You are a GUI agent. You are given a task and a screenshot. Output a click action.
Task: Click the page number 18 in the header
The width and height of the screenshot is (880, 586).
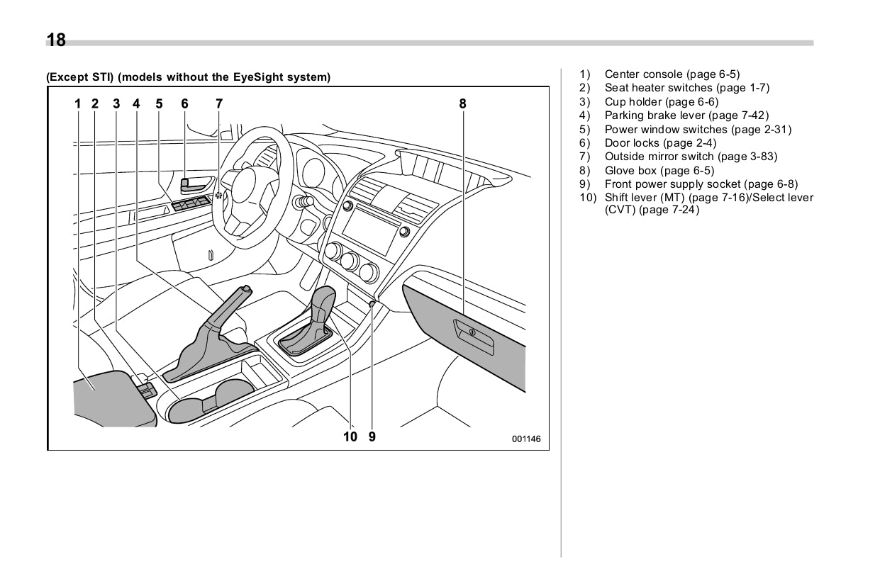coord(56,40)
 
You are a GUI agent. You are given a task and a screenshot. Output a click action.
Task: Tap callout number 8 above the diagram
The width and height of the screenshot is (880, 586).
coord(462,103)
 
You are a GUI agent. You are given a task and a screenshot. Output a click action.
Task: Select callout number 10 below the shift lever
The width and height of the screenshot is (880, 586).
coord(350,436)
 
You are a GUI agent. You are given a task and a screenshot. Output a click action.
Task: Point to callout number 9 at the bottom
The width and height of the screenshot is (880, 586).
coord(372,436)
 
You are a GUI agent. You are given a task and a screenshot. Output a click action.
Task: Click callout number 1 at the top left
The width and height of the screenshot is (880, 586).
coord(77,103)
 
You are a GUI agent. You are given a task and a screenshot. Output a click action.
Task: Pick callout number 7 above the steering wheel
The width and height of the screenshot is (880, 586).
coord(219,103)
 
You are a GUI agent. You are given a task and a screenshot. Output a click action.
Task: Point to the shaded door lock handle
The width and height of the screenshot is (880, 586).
coord(191,185)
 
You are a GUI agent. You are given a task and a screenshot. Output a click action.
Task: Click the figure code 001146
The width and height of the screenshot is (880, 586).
coord(526,439)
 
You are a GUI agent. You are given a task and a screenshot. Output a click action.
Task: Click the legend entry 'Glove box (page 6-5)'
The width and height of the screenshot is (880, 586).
coord(659,171)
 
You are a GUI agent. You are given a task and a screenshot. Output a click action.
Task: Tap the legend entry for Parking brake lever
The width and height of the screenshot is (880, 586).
coord(686,115)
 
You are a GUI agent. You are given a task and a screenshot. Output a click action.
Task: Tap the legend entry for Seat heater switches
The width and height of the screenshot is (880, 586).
coord(686,88)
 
